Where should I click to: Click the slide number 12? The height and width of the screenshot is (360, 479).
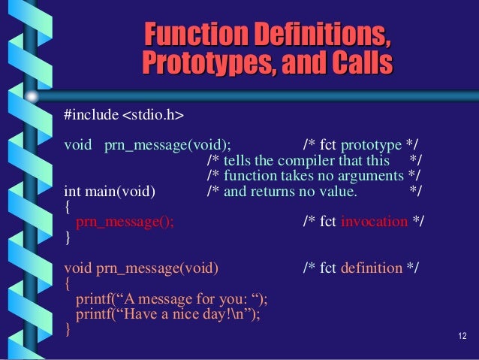pos(462,334)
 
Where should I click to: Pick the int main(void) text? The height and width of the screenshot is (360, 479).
pos(110,192)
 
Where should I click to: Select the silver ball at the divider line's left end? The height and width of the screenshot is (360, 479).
pos(33,97)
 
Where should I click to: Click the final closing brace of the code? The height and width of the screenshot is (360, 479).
pos(68,330)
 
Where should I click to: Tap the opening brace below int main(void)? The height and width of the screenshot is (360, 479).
pos(68,207)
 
